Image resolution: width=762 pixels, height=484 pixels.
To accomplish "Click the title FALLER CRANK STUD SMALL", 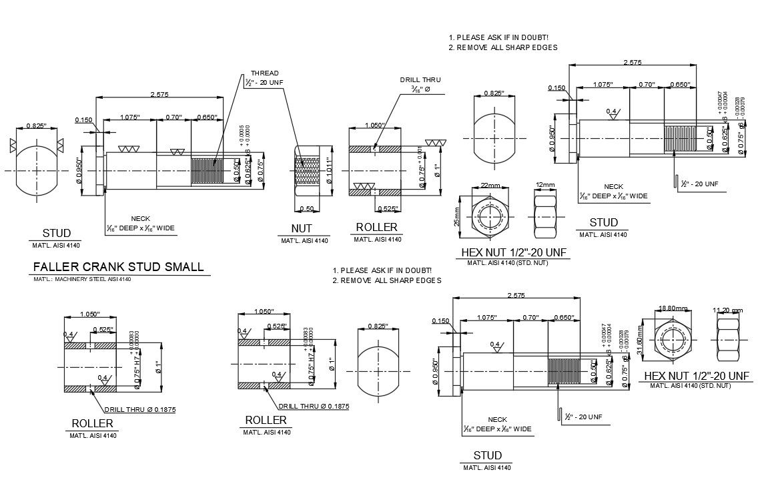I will (x=118, y=267).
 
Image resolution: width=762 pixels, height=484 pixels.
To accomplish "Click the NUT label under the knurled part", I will (x=302, y=229).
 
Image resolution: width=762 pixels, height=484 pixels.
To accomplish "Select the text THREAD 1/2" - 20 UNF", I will (x=264, y=79).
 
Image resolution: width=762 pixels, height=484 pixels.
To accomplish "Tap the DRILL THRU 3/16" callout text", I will (x=420, y=84).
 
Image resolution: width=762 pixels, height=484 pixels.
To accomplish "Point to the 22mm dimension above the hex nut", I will (x=490, y=186).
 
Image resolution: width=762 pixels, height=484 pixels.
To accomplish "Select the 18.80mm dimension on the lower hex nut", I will (x=672, y=308).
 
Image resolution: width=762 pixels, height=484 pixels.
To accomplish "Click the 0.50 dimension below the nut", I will (x=307, y=209).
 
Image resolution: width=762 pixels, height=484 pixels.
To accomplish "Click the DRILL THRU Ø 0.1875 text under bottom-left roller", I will (x=139, y=410).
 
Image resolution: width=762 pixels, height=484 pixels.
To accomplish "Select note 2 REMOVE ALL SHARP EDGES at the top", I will (x=503, y=48).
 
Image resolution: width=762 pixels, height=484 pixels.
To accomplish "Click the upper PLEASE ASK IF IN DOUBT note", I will (x=498, y=37).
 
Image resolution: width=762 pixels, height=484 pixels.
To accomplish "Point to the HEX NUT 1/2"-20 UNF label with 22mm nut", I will (x=514, y=253).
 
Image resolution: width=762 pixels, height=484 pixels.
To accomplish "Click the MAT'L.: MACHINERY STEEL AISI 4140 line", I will (x=82, y=279).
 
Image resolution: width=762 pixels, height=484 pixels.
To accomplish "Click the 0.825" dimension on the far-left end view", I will (x=35, y=126).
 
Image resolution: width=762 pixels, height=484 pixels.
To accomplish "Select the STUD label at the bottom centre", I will (x=487, y=456).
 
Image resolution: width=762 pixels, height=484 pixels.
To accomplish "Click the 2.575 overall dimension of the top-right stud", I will (x=631, y=63).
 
